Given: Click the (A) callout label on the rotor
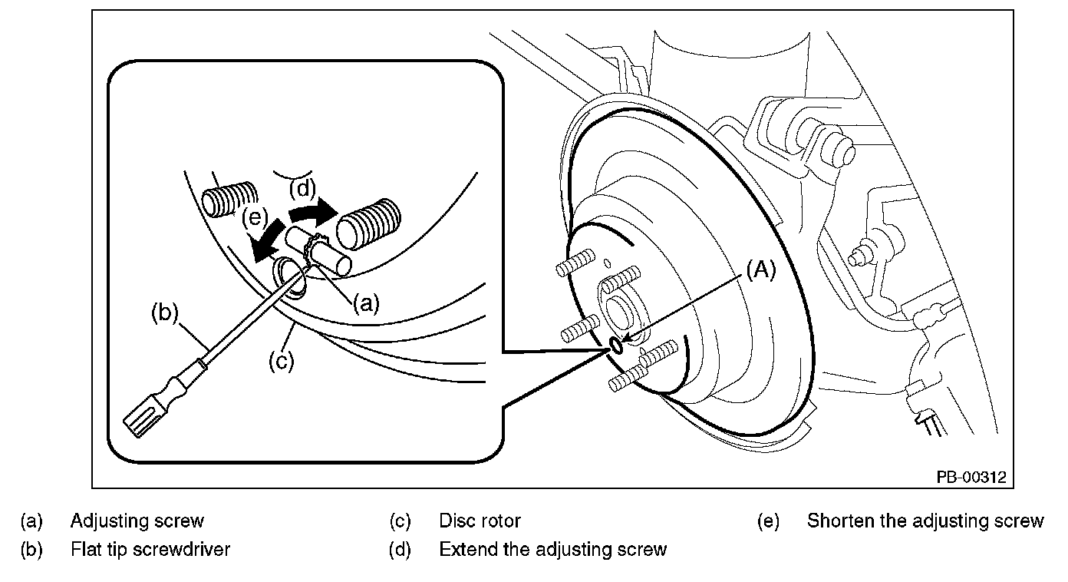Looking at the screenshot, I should tap(760, 270).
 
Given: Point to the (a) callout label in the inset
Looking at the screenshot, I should tap(365, 304).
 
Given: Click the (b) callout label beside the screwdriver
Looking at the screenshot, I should tap(163, 312).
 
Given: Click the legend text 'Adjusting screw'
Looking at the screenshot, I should tap(137, 521).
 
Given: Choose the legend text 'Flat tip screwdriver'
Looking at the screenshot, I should tap(150, 550).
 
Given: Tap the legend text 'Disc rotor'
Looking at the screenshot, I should tap(480, 521).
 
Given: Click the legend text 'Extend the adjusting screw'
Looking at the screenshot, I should tap(552, 550).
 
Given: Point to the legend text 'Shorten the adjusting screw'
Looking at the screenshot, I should tap(925, 521).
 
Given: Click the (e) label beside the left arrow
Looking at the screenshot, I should tap(254, 218).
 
